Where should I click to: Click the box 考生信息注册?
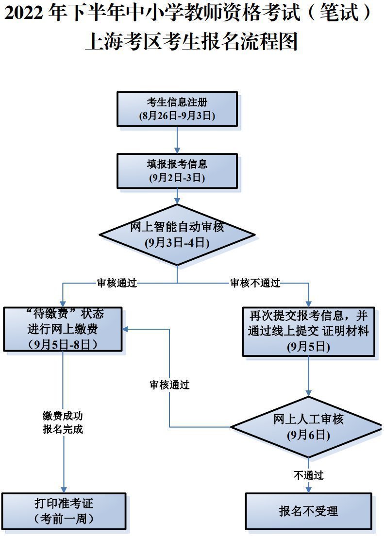[177, 109]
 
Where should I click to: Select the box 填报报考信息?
[177, 171]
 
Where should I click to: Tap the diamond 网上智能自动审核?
[177, 235]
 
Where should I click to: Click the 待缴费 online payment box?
[63, 329]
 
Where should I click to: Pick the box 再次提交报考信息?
[308, 331]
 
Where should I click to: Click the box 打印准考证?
[64, 510]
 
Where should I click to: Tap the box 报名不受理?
[308, 511]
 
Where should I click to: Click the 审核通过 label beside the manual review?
[169, 385]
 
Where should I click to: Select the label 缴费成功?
[63, 416]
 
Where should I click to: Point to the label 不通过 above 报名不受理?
[308, 475]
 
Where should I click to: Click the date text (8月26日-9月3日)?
[177, 116]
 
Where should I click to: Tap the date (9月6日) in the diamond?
[308, 435]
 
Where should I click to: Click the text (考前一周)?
[64, 519]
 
